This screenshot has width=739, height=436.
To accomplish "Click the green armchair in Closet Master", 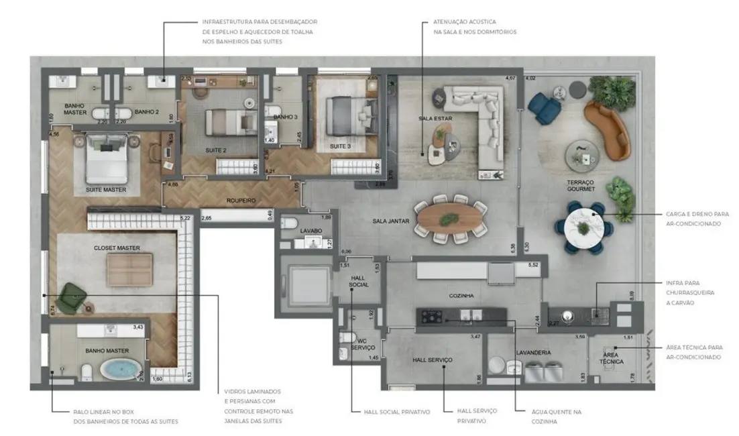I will tap(69, 298).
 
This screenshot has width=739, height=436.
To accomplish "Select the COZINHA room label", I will tap(462, 295).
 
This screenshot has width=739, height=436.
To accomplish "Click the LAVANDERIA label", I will tap(534, 352).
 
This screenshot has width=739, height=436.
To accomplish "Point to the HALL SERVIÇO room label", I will tap(432, 360).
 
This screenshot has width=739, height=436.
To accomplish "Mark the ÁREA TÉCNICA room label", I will tap(612, 358).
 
